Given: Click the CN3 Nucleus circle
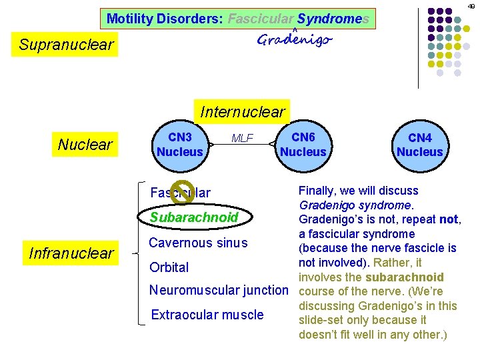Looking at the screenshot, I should [179, 145].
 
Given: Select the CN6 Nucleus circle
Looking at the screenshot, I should [303, 145].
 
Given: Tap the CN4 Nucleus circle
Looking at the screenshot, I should [419, 145].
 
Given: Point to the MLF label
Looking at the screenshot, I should [242, 139].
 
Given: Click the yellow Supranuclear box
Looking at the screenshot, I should [66, 45].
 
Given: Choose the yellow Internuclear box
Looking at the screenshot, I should [242, 111].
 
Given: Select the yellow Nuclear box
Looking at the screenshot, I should [85, 145].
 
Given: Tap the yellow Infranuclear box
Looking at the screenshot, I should [71, 253].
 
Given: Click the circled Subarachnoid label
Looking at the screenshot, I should [193, 217].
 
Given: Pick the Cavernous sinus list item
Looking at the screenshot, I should [198, 243].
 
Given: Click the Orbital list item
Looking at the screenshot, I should [169, 267].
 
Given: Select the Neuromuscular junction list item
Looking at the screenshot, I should [219, 290].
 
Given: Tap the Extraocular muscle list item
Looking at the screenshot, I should [207, 315].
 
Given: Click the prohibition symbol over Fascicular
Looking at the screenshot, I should [182, 191].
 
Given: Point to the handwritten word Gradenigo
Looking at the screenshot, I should [294, 40].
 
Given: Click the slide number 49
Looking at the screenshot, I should [471, 6].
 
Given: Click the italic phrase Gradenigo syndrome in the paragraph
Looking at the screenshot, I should [356, 205].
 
